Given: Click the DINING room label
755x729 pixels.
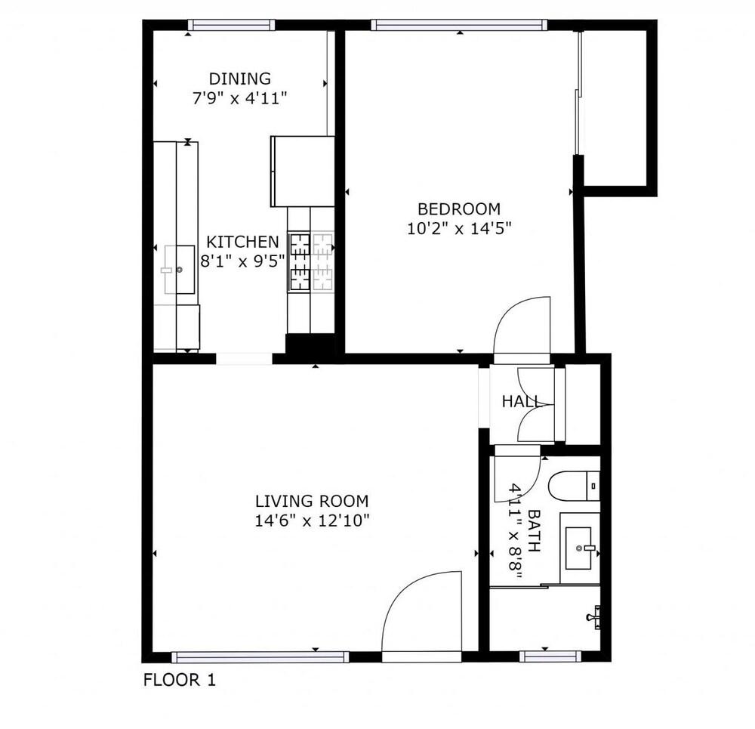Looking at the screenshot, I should point(239,79).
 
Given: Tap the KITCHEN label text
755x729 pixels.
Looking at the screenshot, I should point(242,242).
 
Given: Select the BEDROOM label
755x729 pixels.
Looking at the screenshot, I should point(459,209).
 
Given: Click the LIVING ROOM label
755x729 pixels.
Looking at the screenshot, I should point(311,500).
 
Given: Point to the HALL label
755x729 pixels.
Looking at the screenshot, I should point(522,402).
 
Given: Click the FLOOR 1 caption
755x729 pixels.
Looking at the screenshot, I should point(180,680).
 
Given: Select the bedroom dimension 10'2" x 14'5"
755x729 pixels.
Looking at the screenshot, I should point(459,229).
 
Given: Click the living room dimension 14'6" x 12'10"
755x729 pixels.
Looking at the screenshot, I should point(311,520).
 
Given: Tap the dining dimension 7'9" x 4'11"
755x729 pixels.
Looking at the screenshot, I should point(239,98).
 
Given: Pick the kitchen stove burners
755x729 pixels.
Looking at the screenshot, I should point(311,262).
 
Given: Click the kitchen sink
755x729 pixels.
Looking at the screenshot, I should point(179,269).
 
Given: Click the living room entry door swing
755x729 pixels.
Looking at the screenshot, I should point(423,616).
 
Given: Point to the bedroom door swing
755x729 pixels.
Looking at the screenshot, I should point(522,325).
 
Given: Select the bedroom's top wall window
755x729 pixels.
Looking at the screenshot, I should point(459,25).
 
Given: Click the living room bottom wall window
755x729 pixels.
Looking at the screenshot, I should point(260,657).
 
